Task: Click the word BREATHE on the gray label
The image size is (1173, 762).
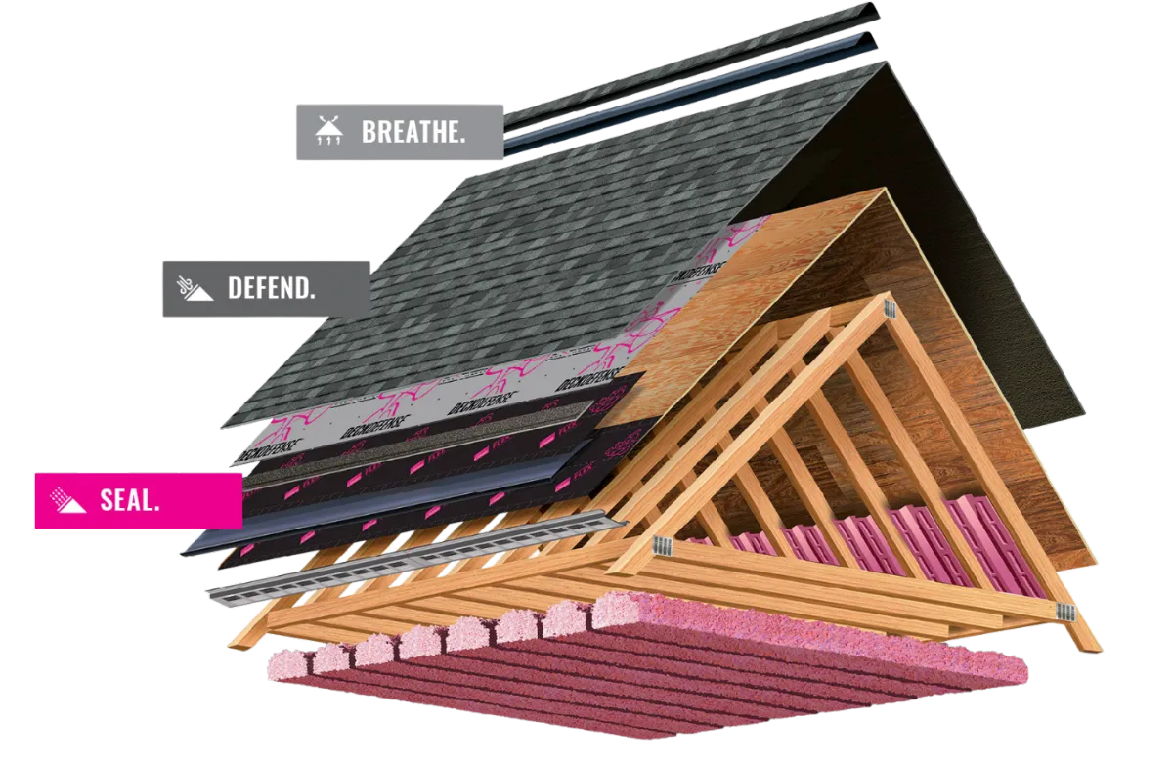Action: (413, 133)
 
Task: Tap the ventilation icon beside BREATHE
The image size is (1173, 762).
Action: (327, 132)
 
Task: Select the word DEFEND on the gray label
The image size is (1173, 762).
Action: (272, 288)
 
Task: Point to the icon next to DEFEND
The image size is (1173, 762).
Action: (195, 288)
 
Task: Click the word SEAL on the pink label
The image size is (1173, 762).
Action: (130, 501)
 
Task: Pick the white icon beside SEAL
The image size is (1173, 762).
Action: (68, 500)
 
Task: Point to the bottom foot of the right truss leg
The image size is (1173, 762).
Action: (1085, 640)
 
